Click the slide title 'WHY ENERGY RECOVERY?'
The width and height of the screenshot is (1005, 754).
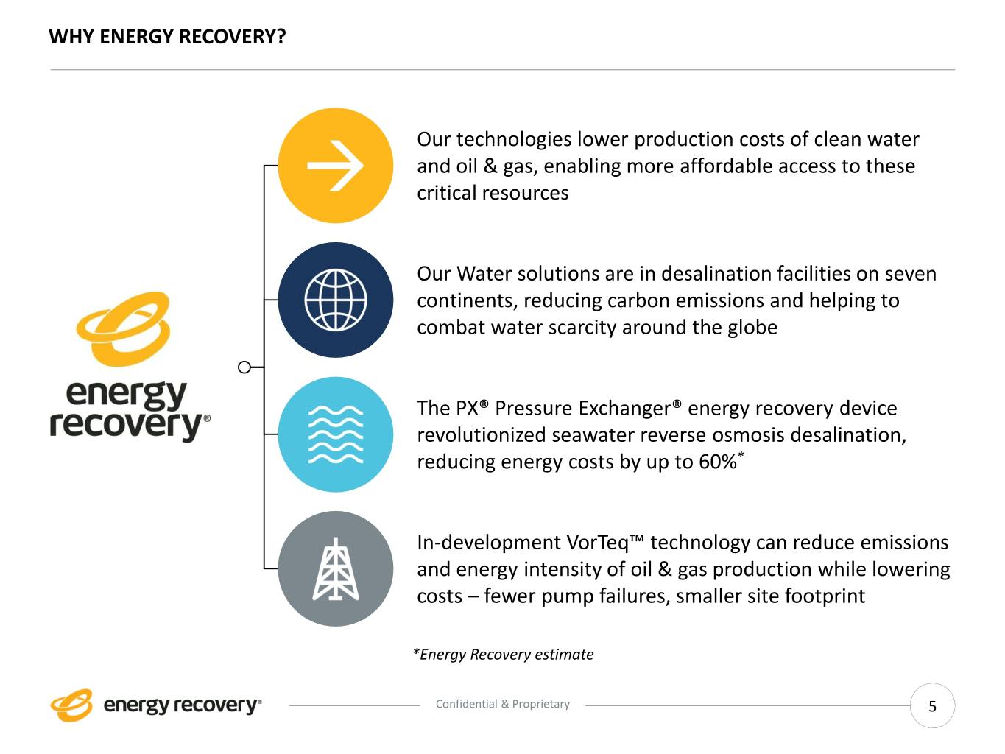[x=167, y=37]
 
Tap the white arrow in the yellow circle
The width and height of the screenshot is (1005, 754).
[x=336, y=166]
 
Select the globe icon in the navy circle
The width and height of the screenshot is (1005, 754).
[x=336, y=300]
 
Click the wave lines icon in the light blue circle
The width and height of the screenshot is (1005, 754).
[x=336, y=434]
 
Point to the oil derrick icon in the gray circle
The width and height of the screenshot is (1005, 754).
[x=336, y=568]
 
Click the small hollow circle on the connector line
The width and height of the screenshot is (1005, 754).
[x=244, y=367]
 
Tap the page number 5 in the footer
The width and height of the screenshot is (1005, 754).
[x=932, y=706]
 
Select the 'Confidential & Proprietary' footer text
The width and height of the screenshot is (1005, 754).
[x=503, y=704]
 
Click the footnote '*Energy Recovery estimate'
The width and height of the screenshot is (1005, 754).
[x=503, y=654]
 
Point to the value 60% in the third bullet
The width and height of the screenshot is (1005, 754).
[x=717, y=462]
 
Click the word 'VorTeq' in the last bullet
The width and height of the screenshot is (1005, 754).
[x=598, y=543]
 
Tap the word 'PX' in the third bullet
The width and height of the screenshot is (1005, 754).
[x=465, y=408]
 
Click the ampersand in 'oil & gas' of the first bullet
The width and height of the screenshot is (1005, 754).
[x=490, y=166]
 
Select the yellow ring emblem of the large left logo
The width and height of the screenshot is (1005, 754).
[x=123, y=328]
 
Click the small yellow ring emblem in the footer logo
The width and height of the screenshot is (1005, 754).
[x=71, y=705]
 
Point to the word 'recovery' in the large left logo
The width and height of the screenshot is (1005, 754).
[x=126, y=426]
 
